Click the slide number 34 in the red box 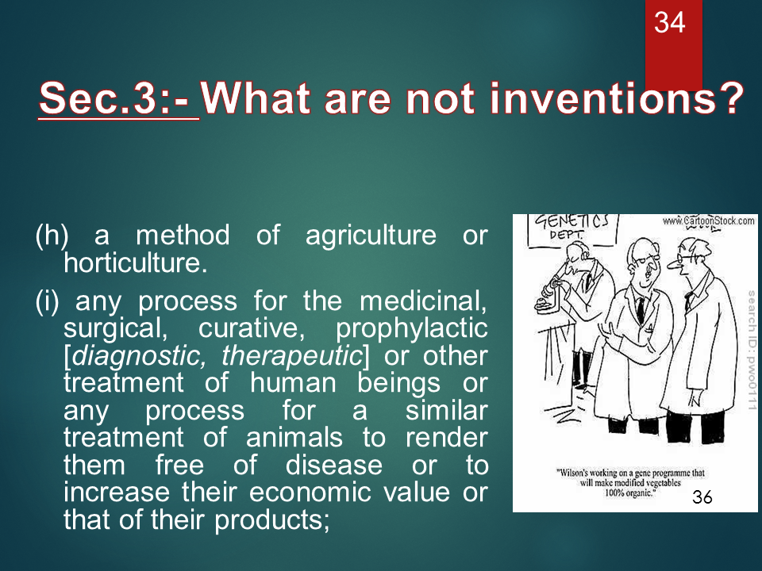(x=669, y=23)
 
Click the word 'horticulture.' (x=135, y=263)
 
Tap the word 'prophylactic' (x=412, y=328)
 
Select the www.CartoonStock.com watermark (x=707, y=220)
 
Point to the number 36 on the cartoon (x=702, y=497)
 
